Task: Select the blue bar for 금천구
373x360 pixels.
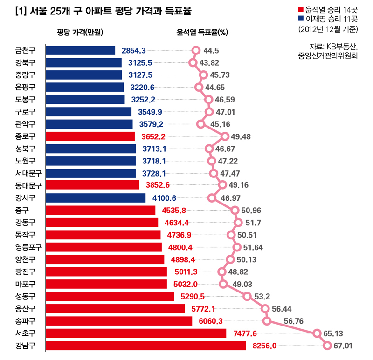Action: (x=81, y=50)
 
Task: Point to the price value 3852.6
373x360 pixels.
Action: (x=157, y=185)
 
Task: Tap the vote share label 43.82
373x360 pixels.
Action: (x=209, y=63)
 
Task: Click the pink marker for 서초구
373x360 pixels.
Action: (x=317, y=333)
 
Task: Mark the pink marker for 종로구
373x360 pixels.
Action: (x=225, y=136)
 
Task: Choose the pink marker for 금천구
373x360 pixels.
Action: (x=196, y=50)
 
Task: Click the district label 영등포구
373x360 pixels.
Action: (x=28, y=247)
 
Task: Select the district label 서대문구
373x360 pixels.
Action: (x=28, y=173)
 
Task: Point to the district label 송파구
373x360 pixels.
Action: (x=25, y=320)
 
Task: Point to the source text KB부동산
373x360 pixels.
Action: (x=341, y=46)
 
